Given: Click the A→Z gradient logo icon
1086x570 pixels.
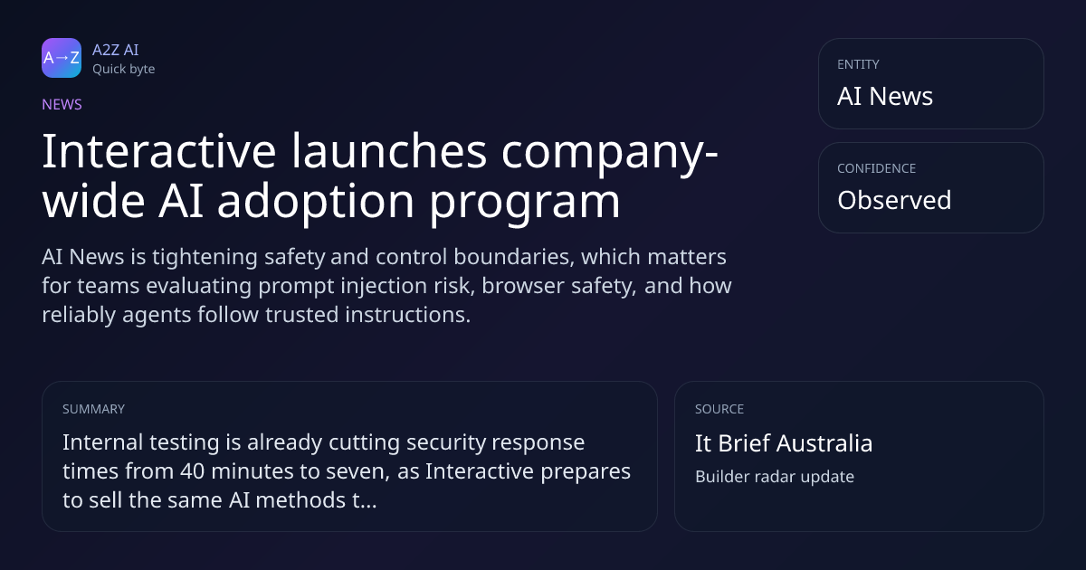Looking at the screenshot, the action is [62, 58].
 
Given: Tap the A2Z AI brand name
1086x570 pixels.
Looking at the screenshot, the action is [116, 50].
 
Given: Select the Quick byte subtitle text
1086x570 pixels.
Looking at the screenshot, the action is [124, 70].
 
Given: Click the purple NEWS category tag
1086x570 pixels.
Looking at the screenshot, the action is [62, 105].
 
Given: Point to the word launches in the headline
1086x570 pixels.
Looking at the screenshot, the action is [389, 151].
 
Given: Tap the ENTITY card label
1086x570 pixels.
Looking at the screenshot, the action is [858, 64].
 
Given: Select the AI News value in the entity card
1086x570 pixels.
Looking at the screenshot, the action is [885, 96].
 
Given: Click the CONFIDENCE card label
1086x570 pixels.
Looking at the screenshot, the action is [877, 168].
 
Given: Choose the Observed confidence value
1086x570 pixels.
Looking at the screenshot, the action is [894, 200].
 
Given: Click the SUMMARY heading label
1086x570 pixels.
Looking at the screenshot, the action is [93, 409].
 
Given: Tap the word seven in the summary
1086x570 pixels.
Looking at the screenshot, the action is [357, 472].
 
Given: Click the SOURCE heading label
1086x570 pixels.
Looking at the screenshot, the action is [719, 409].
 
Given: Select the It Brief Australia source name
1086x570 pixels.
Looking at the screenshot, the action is [784, 443].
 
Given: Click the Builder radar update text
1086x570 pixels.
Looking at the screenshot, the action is [775, 477].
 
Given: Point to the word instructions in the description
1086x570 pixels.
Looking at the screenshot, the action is [408, 315].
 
